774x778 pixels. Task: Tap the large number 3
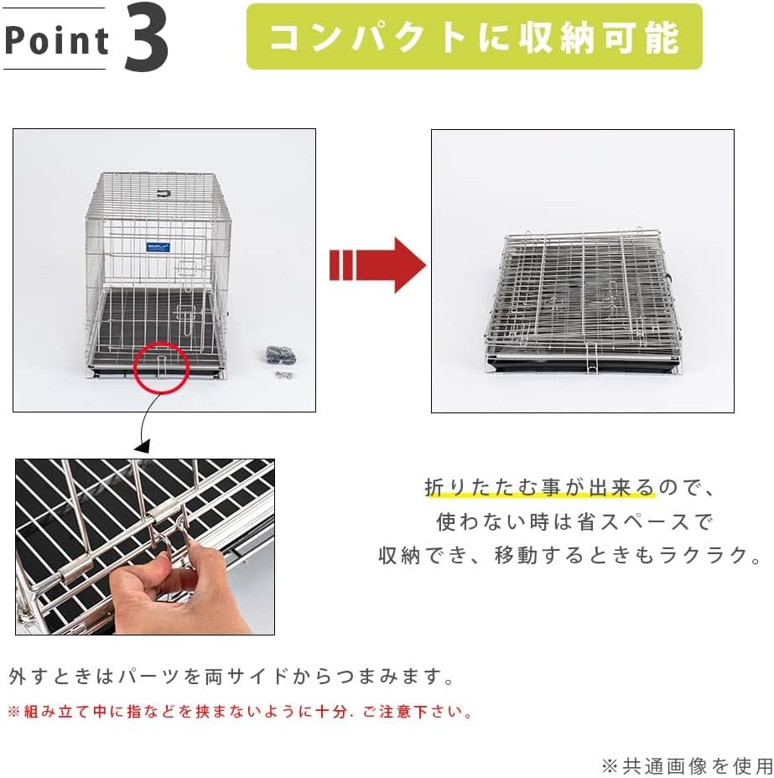point(146,39)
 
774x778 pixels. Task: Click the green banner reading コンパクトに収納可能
point(475,37)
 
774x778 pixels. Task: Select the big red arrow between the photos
point(378,265)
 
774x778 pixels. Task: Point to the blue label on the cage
point(158,246)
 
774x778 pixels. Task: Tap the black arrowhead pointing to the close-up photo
point(142,447)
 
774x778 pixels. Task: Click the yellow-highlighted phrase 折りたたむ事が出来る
point(540,487)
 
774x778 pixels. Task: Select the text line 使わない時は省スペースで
point(574,521)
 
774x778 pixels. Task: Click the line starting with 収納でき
point(569,555)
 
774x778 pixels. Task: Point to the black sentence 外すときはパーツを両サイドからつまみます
point(231,676)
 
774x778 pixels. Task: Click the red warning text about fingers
point(240,712)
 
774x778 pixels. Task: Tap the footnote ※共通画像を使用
point(686,765)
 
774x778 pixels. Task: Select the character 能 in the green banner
point(662,38)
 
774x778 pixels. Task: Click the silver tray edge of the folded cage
point(579,357)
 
